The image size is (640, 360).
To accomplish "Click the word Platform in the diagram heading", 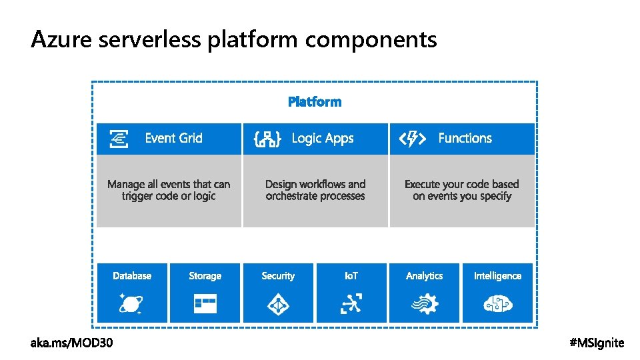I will tap(315, 102).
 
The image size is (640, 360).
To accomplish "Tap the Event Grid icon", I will tap(119, 139).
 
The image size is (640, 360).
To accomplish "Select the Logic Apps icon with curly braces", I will tap(267, 139).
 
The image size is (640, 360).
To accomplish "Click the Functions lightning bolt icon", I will tap(412, 139).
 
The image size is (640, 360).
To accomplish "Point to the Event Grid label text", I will tap(173, 139).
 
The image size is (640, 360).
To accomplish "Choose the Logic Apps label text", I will tap(323, 139).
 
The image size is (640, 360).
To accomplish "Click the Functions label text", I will tap(465, 139).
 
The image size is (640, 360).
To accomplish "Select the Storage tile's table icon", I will tap(205, 305).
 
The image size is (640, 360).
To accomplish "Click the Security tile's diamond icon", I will tap(277, 305).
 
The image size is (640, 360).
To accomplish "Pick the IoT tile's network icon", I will tap(351, 305).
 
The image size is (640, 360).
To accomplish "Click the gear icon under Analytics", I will tap(424, 305).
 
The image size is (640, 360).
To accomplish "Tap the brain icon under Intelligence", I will tap(497, 305).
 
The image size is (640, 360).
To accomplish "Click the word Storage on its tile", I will tap(205, 276).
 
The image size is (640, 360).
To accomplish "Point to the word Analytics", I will tap(424, 276).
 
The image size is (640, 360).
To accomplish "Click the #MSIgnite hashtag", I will tap(597, 343).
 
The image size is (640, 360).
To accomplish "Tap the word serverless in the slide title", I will tap(149, 40).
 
